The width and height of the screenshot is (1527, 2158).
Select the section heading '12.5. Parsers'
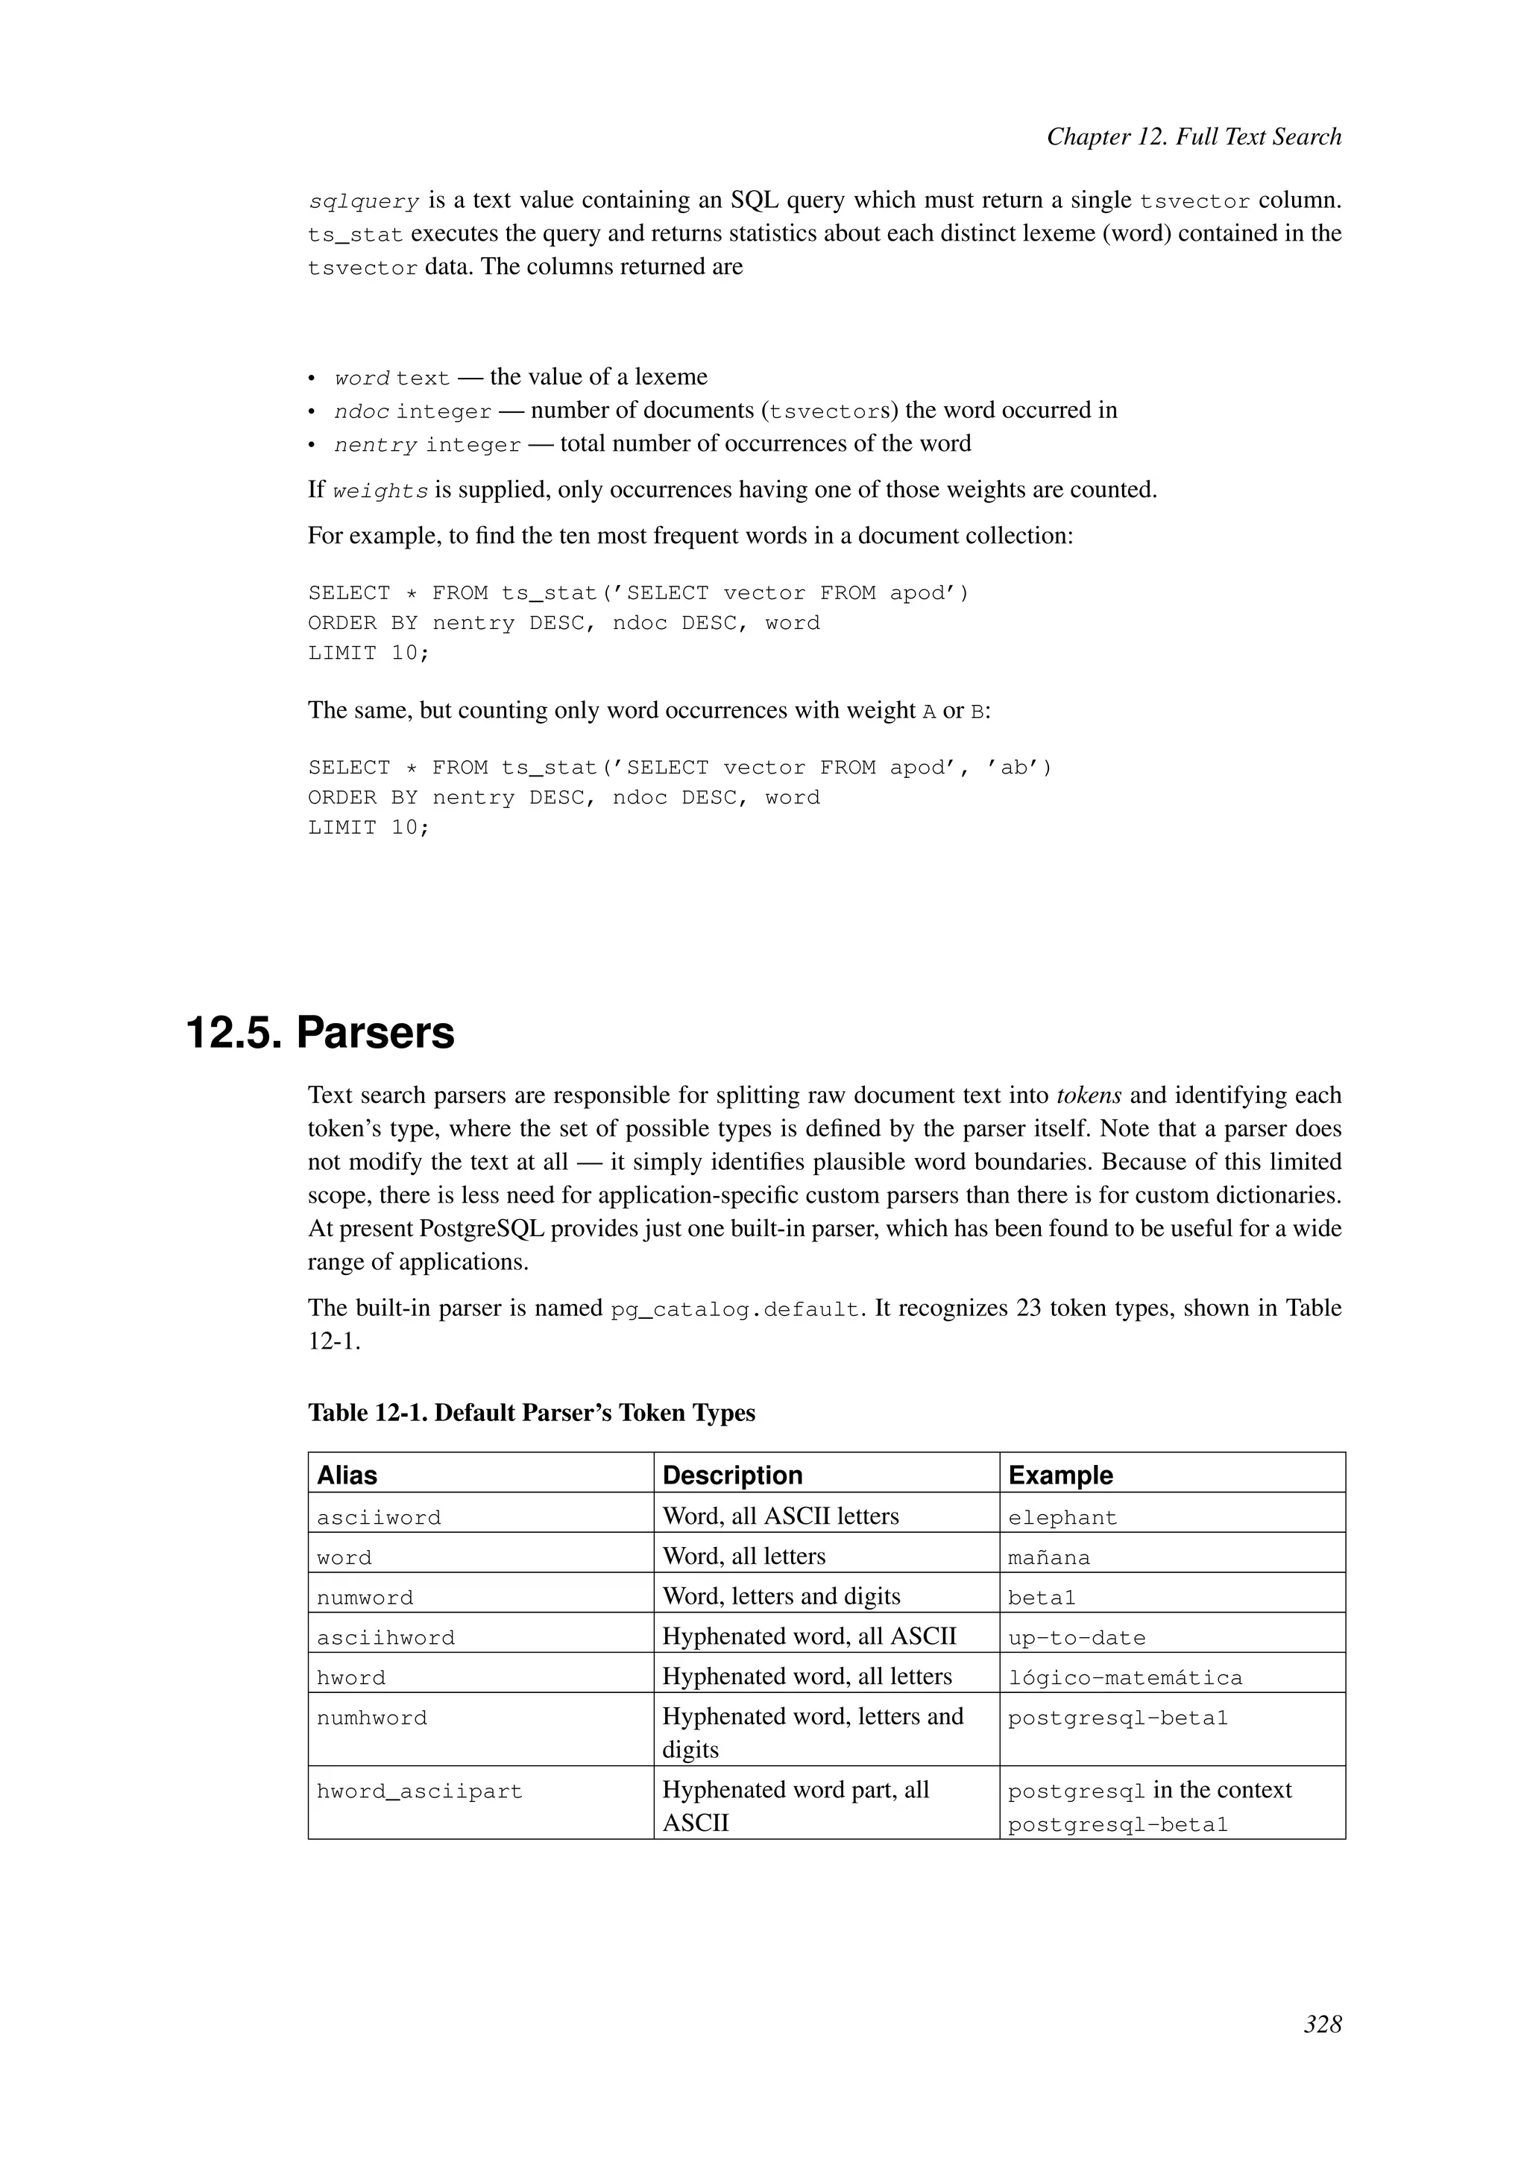320,1032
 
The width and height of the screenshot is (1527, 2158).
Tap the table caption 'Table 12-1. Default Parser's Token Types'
532,1413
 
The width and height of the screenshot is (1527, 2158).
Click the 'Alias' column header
347,1475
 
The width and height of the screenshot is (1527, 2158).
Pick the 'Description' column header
731,1475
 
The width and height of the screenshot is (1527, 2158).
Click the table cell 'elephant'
1062,1518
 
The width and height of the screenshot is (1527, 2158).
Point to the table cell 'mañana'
1048,1557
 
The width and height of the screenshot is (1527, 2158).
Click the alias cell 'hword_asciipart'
418,1791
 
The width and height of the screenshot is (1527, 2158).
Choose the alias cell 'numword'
364,1598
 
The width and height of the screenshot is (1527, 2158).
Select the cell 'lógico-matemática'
1124,1677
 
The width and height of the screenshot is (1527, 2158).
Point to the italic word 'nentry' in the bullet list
375,445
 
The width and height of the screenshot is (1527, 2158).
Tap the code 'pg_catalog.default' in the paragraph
735,1309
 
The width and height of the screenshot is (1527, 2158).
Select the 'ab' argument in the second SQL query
1013,768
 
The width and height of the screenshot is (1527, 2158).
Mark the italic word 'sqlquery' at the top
363,202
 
